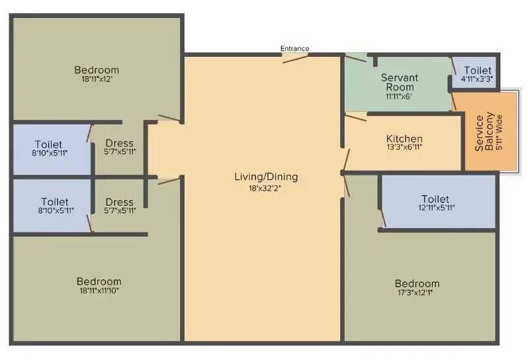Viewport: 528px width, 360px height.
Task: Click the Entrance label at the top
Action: [x=294, y=49]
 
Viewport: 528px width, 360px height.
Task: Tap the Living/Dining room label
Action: [x=266, y=177]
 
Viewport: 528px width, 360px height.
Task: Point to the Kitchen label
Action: [x=404, y=138]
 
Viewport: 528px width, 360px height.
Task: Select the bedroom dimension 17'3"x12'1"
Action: [x=415, y=293]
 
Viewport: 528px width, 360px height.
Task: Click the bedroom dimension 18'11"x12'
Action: [x=97, y=79]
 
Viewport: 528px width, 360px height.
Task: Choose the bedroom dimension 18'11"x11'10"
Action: [x=99, y=290]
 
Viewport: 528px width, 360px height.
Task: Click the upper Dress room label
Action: [x=119, y=143]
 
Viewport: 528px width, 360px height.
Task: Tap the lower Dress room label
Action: [x=120, y=202]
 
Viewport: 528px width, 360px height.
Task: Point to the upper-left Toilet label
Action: [x=48, y=144]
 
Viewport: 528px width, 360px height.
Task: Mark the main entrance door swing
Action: [x=295, y=58]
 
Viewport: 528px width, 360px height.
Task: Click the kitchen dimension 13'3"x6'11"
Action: [x=404, y=148]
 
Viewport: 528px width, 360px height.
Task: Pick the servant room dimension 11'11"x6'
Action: [x=400, y=96]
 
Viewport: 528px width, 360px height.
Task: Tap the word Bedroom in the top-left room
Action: [x=97, y=70]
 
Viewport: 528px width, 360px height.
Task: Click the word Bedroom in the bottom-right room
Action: [x=415, y=283]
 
